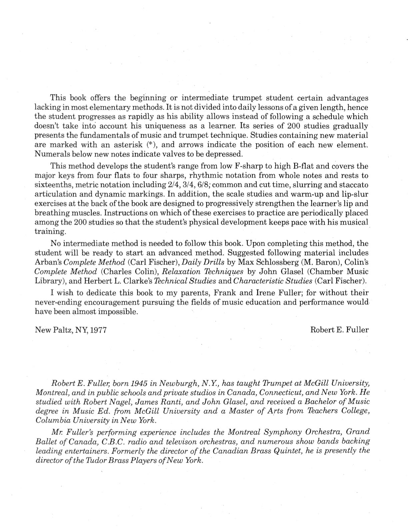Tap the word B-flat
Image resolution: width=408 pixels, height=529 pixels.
coord(310,166)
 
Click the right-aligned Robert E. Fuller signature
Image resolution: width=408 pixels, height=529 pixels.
coord(339,330)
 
